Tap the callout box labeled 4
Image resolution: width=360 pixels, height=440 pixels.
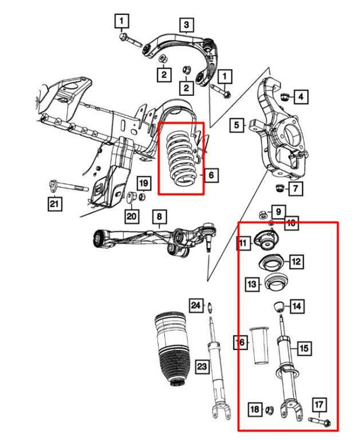(x=300, y=97)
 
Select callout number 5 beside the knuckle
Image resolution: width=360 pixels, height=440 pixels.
(x=236, y=124)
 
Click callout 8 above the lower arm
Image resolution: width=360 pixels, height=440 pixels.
(x=159, y=217)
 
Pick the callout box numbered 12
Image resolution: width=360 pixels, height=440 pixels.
(x=297, y=261)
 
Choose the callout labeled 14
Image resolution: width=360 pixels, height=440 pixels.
(x=297, y=306)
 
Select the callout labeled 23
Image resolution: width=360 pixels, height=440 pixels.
(x=202, y=366)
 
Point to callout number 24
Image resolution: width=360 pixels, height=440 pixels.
(x=195, y=305)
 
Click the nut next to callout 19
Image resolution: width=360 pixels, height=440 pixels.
(x=132, y=197)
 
